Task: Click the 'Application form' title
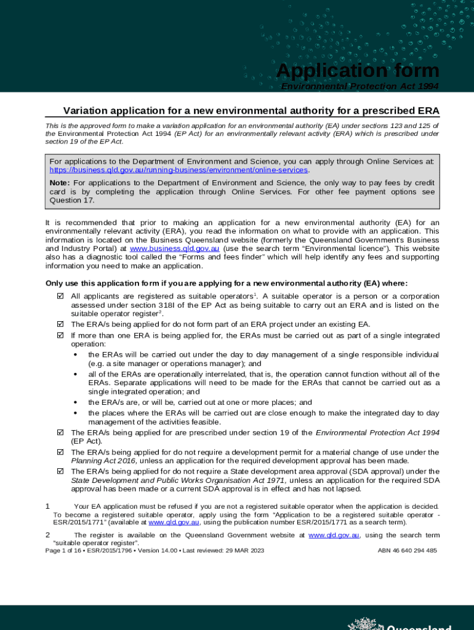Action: coord(358,71)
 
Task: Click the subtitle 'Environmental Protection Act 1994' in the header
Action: coord(360,87)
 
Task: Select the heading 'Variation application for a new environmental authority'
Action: coord(251,111)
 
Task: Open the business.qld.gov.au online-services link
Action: coord(179,170)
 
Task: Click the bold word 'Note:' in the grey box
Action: coord(60,183)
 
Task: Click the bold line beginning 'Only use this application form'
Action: coord(227,283)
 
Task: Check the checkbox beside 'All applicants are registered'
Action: coord(60,296)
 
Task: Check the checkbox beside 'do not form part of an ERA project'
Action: coord(60,324)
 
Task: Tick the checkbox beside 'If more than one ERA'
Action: coord(60,336)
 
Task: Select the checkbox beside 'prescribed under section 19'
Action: coord(60,433)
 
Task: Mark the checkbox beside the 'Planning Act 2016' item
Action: coord(60,453)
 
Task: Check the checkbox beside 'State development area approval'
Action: coord(60,472)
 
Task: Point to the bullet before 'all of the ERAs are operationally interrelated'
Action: coord(76,374)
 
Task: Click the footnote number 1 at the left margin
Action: coord(48,506)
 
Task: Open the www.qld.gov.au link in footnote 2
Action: coord(334,535)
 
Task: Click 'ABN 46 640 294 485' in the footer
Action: coord(407,550)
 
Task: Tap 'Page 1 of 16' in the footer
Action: coord(65,550)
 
